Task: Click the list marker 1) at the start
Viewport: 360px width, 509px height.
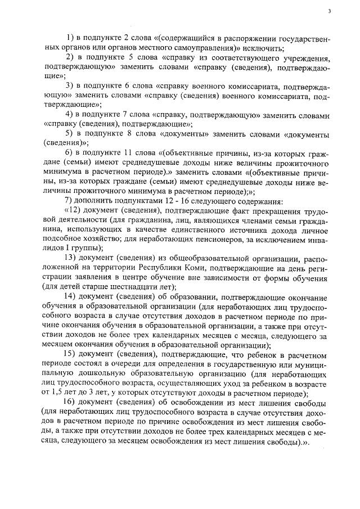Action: click(x=70, y=38)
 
